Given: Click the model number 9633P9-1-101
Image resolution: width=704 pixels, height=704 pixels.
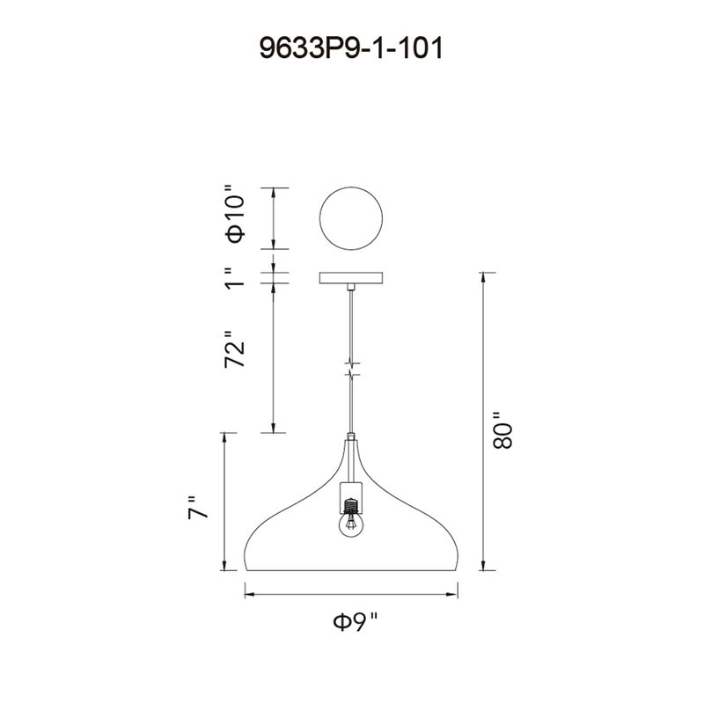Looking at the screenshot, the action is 351,48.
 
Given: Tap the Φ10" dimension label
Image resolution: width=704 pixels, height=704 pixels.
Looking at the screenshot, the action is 236,213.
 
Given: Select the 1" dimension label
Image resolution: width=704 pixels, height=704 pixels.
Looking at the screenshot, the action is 235,278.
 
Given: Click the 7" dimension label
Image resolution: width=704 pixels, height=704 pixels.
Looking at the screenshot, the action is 198,508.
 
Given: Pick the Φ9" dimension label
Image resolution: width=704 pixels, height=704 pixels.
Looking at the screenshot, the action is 356,622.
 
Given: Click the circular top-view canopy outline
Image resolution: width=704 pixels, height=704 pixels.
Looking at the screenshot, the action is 351,187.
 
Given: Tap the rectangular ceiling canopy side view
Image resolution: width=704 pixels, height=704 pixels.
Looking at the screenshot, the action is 351,278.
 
